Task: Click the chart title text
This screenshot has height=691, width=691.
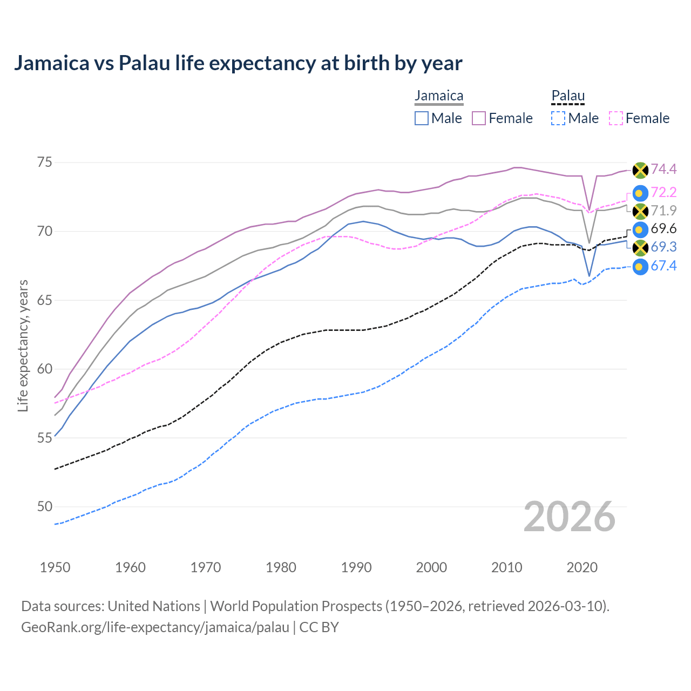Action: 238,63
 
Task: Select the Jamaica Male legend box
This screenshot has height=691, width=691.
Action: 422,118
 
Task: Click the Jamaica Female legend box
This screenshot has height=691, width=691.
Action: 479,118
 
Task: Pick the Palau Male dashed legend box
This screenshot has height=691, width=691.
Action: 558,118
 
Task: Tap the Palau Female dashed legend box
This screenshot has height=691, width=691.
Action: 616,118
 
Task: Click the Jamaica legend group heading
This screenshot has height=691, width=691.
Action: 439,96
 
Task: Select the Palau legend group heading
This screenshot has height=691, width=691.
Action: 568,96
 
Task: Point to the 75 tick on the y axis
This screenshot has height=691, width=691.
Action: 45,162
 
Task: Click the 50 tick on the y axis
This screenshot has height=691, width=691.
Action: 45,506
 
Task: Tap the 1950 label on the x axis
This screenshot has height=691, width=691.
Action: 55,567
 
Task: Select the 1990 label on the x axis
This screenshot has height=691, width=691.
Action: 356,567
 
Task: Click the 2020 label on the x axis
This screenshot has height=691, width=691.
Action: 582,567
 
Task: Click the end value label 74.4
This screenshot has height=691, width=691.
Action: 663,170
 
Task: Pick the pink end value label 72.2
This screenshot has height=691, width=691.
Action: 663,193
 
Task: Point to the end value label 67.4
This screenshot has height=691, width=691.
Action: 663,266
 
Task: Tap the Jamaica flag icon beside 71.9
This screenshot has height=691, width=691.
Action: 640,211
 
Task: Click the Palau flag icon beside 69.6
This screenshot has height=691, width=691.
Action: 640,229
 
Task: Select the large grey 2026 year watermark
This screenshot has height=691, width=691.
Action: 570,517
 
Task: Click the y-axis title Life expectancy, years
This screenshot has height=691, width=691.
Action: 23,345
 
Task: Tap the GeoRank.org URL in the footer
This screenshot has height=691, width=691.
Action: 155,627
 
